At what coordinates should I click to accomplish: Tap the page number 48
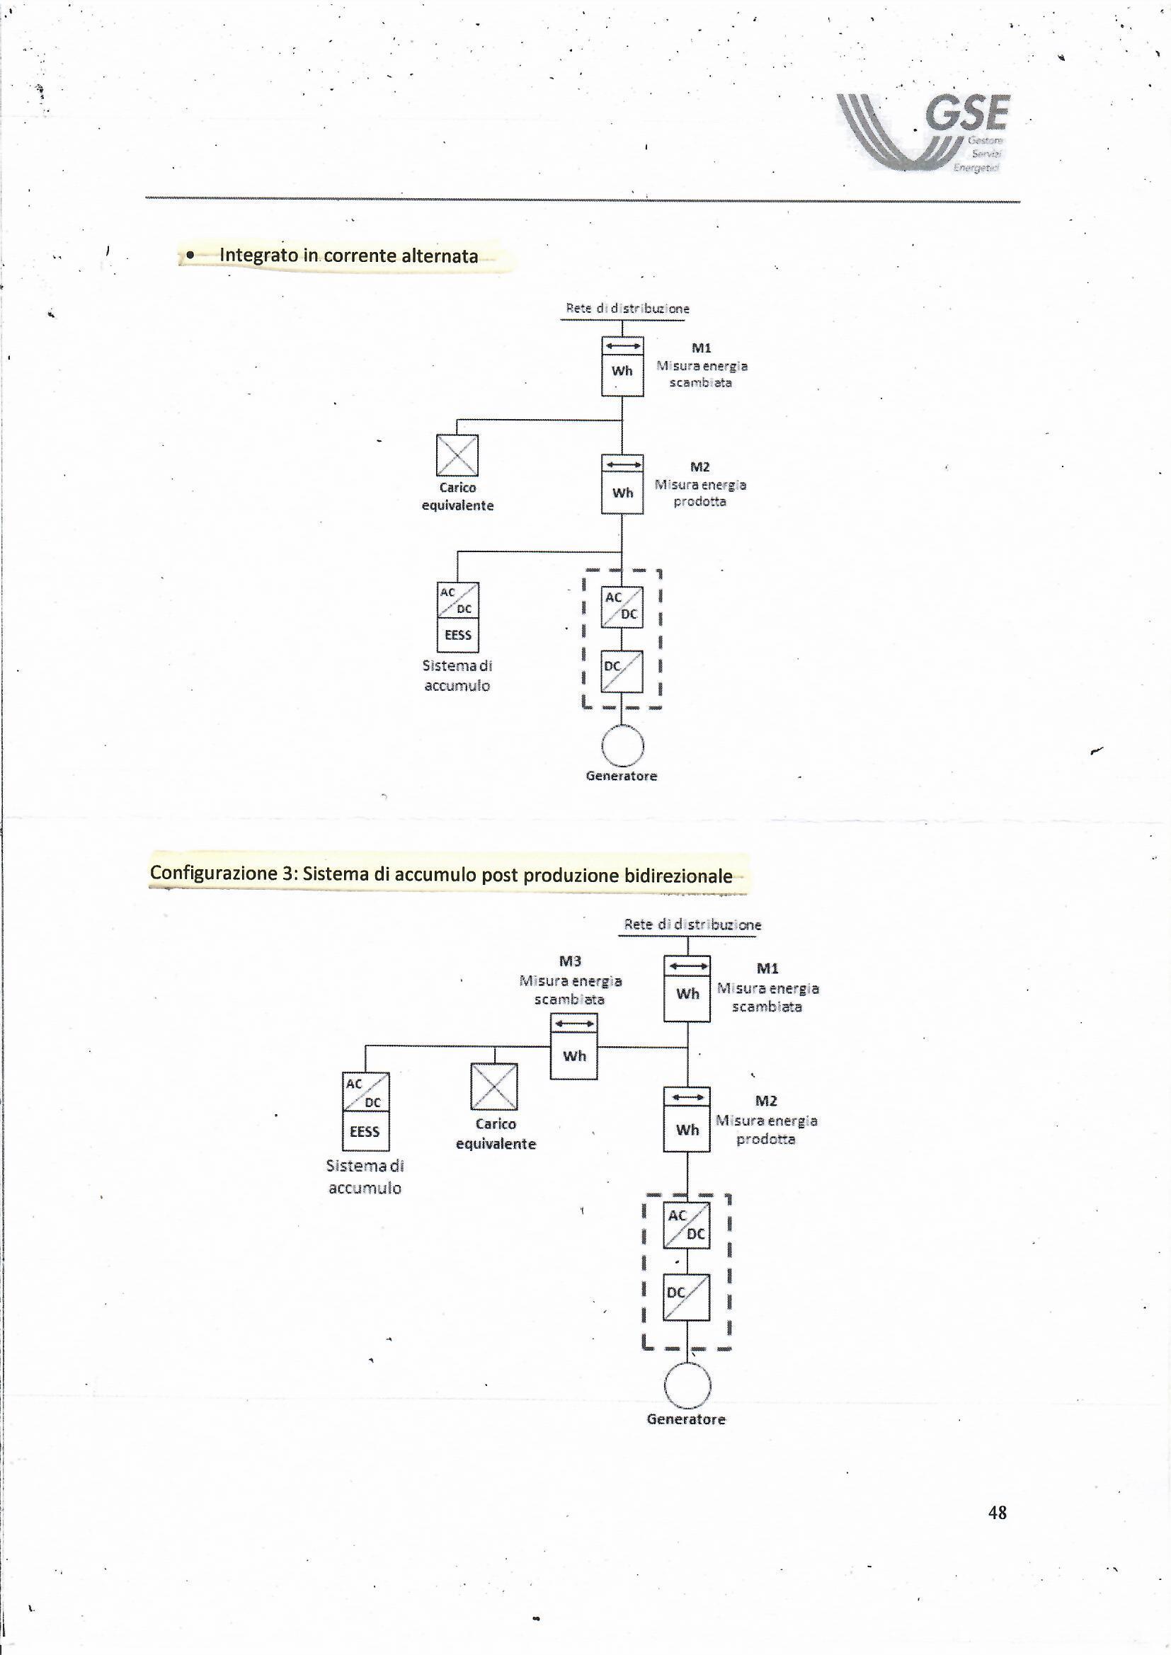click(x=998, y=1512)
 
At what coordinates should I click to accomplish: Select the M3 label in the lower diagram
click(x=570, y=961)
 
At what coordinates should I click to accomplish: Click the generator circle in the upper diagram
click(x=622, y=745)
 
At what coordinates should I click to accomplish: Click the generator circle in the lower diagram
click(x=687, y=1385)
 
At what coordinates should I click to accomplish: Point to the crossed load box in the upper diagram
click(x=457, y=456)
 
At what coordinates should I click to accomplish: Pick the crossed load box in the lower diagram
click(x=494, y=1087)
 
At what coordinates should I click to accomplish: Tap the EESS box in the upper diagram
click(x=458, y=635)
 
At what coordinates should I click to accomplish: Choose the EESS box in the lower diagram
click(x=365, y=1132)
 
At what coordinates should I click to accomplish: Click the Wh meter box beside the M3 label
click(x=574, y=1055)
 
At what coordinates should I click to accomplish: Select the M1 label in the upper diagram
click(x=701, y=348)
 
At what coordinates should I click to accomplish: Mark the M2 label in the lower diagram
click(x=766, y=1101)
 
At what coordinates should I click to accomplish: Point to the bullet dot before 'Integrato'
click(x=190, y=255)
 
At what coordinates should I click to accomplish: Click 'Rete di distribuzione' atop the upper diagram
click(x=627, y=309)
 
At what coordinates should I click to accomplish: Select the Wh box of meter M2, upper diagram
click(x=622, y=494)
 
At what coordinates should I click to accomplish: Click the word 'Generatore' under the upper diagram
click(x=622, y=777)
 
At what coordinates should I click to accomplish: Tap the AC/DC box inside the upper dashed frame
click(x=622, y=606)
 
